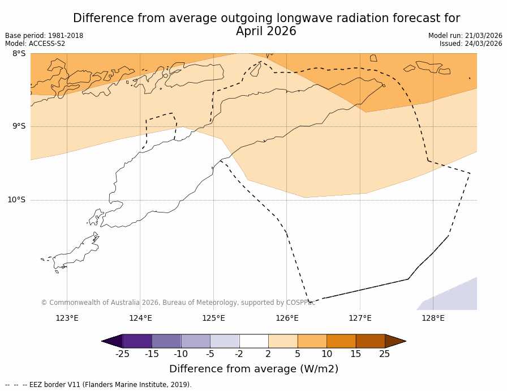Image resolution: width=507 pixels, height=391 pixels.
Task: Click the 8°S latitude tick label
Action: pyautogui.click(x=19, y=54)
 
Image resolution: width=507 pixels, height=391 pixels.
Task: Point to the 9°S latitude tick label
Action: pyautogui.click(x=19, y=126)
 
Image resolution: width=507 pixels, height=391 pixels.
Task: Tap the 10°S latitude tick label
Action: pyautogui.click(x=16, y=199)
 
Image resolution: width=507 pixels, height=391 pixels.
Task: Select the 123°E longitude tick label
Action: pyautogui.click(x=67, y=318)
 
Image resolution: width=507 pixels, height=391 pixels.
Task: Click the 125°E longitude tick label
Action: pyautogui.click(x=213, y=318)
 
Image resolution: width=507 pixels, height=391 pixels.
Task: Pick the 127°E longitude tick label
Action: pyautogui.click(x=360, y=318)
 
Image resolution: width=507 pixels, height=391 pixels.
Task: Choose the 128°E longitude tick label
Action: pyautogui.click(x=433, y=318)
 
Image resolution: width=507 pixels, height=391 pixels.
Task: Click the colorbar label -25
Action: pyautogui.click(x=122, y=354)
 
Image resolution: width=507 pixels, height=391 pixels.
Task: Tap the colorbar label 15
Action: pyautogui.click(x=355, y=354)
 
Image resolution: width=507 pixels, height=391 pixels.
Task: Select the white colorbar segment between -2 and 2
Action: pyautogui.click(x=253, y=341)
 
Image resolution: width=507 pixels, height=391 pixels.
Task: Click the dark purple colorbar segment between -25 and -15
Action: pyautogui.click(x=137, y=341)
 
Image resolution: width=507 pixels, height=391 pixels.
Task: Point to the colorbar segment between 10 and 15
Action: pyautogui.click(x=341, y=341)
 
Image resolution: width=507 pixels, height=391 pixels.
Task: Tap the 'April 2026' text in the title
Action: pyautogui.click(x=266, y=32)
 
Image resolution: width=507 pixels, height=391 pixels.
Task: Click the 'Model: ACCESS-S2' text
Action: pyautogui.click(x=35, y=44)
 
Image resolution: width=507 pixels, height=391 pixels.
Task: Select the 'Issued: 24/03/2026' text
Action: pyautogui.click(x=471, y=44)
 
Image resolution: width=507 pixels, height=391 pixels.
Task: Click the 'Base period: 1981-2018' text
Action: pyautogui.click(x=44, y=36)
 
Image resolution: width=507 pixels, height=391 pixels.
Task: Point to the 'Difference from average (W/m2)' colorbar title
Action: pyautogui.click(x=253, y=369)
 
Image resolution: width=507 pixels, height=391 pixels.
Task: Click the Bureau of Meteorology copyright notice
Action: pyautogui.click(x=178, y=303)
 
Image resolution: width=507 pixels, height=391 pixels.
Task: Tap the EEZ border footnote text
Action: pyautogui.click(x=98, y=385)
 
